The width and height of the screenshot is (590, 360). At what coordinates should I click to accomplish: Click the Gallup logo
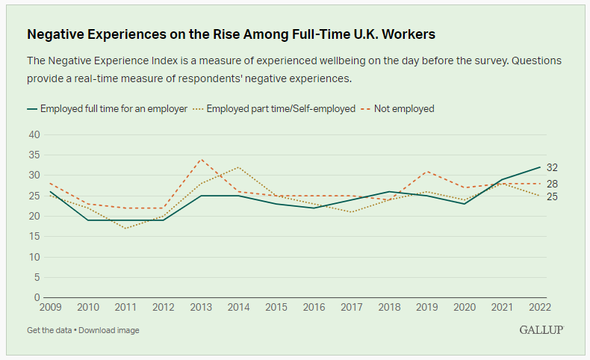click(x=541, y=330)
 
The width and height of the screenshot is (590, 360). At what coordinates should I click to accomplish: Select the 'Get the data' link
click(x=49, y=330)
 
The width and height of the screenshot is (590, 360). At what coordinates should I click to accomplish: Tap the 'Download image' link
click(x=109, y=330)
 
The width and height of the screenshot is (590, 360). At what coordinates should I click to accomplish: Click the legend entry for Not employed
click(x=397, y=109)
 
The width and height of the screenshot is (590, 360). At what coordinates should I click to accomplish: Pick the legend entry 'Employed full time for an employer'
click(x=108, y=109)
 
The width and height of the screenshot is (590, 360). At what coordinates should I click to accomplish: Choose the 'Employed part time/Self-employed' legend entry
click(x=274, y=109)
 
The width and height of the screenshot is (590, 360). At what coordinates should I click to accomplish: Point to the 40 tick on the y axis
click(x=34, y=134)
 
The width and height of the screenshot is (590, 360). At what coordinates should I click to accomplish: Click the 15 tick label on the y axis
click(x=34, y=237)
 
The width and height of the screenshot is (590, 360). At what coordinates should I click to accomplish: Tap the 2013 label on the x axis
click(x=201, y=307)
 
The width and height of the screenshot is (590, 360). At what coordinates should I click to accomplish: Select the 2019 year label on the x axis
click(x=426, y=307)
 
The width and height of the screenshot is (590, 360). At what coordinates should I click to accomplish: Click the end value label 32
click(x=552, y=167)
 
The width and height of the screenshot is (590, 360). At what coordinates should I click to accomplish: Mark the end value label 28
click(x=552, y=184)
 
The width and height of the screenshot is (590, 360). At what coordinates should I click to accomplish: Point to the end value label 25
click(x=552, y=196)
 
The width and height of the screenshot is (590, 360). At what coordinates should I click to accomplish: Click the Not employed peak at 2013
click(x=201, y=159)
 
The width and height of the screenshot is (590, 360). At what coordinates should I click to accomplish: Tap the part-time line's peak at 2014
click(x=238, y=167)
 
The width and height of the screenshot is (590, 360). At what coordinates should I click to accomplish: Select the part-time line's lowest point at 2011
click(x=125, y=229)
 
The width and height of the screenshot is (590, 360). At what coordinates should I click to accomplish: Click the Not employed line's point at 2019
click(x=426, y=171)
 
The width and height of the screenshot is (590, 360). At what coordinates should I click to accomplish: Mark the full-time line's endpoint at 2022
click(x=540, y=167)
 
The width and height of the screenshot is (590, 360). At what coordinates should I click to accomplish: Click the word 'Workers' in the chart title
click(x=409, y=34)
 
